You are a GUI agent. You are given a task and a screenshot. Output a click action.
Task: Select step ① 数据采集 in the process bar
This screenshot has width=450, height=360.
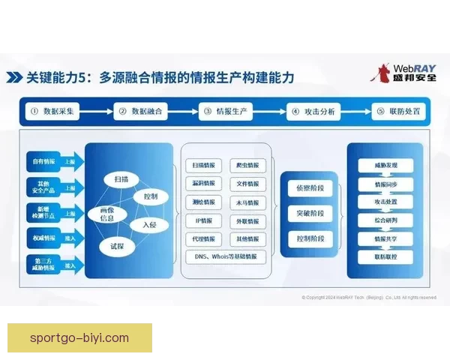[x=52, y=112]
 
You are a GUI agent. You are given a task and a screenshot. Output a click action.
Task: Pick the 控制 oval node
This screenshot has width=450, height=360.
[x=150, y=196]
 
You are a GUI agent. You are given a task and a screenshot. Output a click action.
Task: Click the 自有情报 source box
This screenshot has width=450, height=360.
[x=44, y=160]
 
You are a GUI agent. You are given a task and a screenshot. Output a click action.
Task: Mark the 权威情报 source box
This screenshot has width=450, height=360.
[x=44, y=238]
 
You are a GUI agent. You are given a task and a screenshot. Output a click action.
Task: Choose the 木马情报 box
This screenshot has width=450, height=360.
[x=247, y=202]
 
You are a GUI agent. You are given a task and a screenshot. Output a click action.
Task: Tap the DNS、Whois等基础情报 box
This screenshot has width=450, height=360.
[x=225, y=256]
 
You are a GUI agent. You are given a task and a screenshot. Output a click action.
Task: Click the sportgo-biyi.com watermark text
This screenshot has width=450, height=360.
[x=79, y=337]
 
